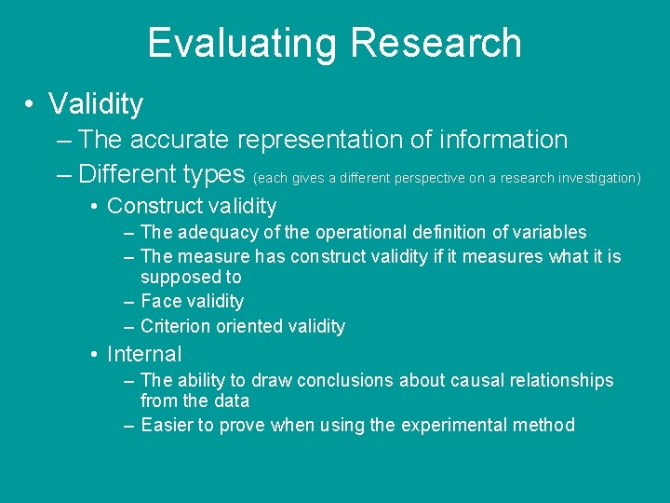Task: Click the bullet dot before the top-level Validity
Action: point(32,104)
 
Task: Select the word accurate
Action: point(181,140)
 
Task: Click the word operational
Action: point(352,232)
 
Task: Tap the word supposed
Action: point(180,278)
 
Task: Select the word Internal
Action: point(144,354)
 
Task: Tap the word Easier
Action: point(167,425)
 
